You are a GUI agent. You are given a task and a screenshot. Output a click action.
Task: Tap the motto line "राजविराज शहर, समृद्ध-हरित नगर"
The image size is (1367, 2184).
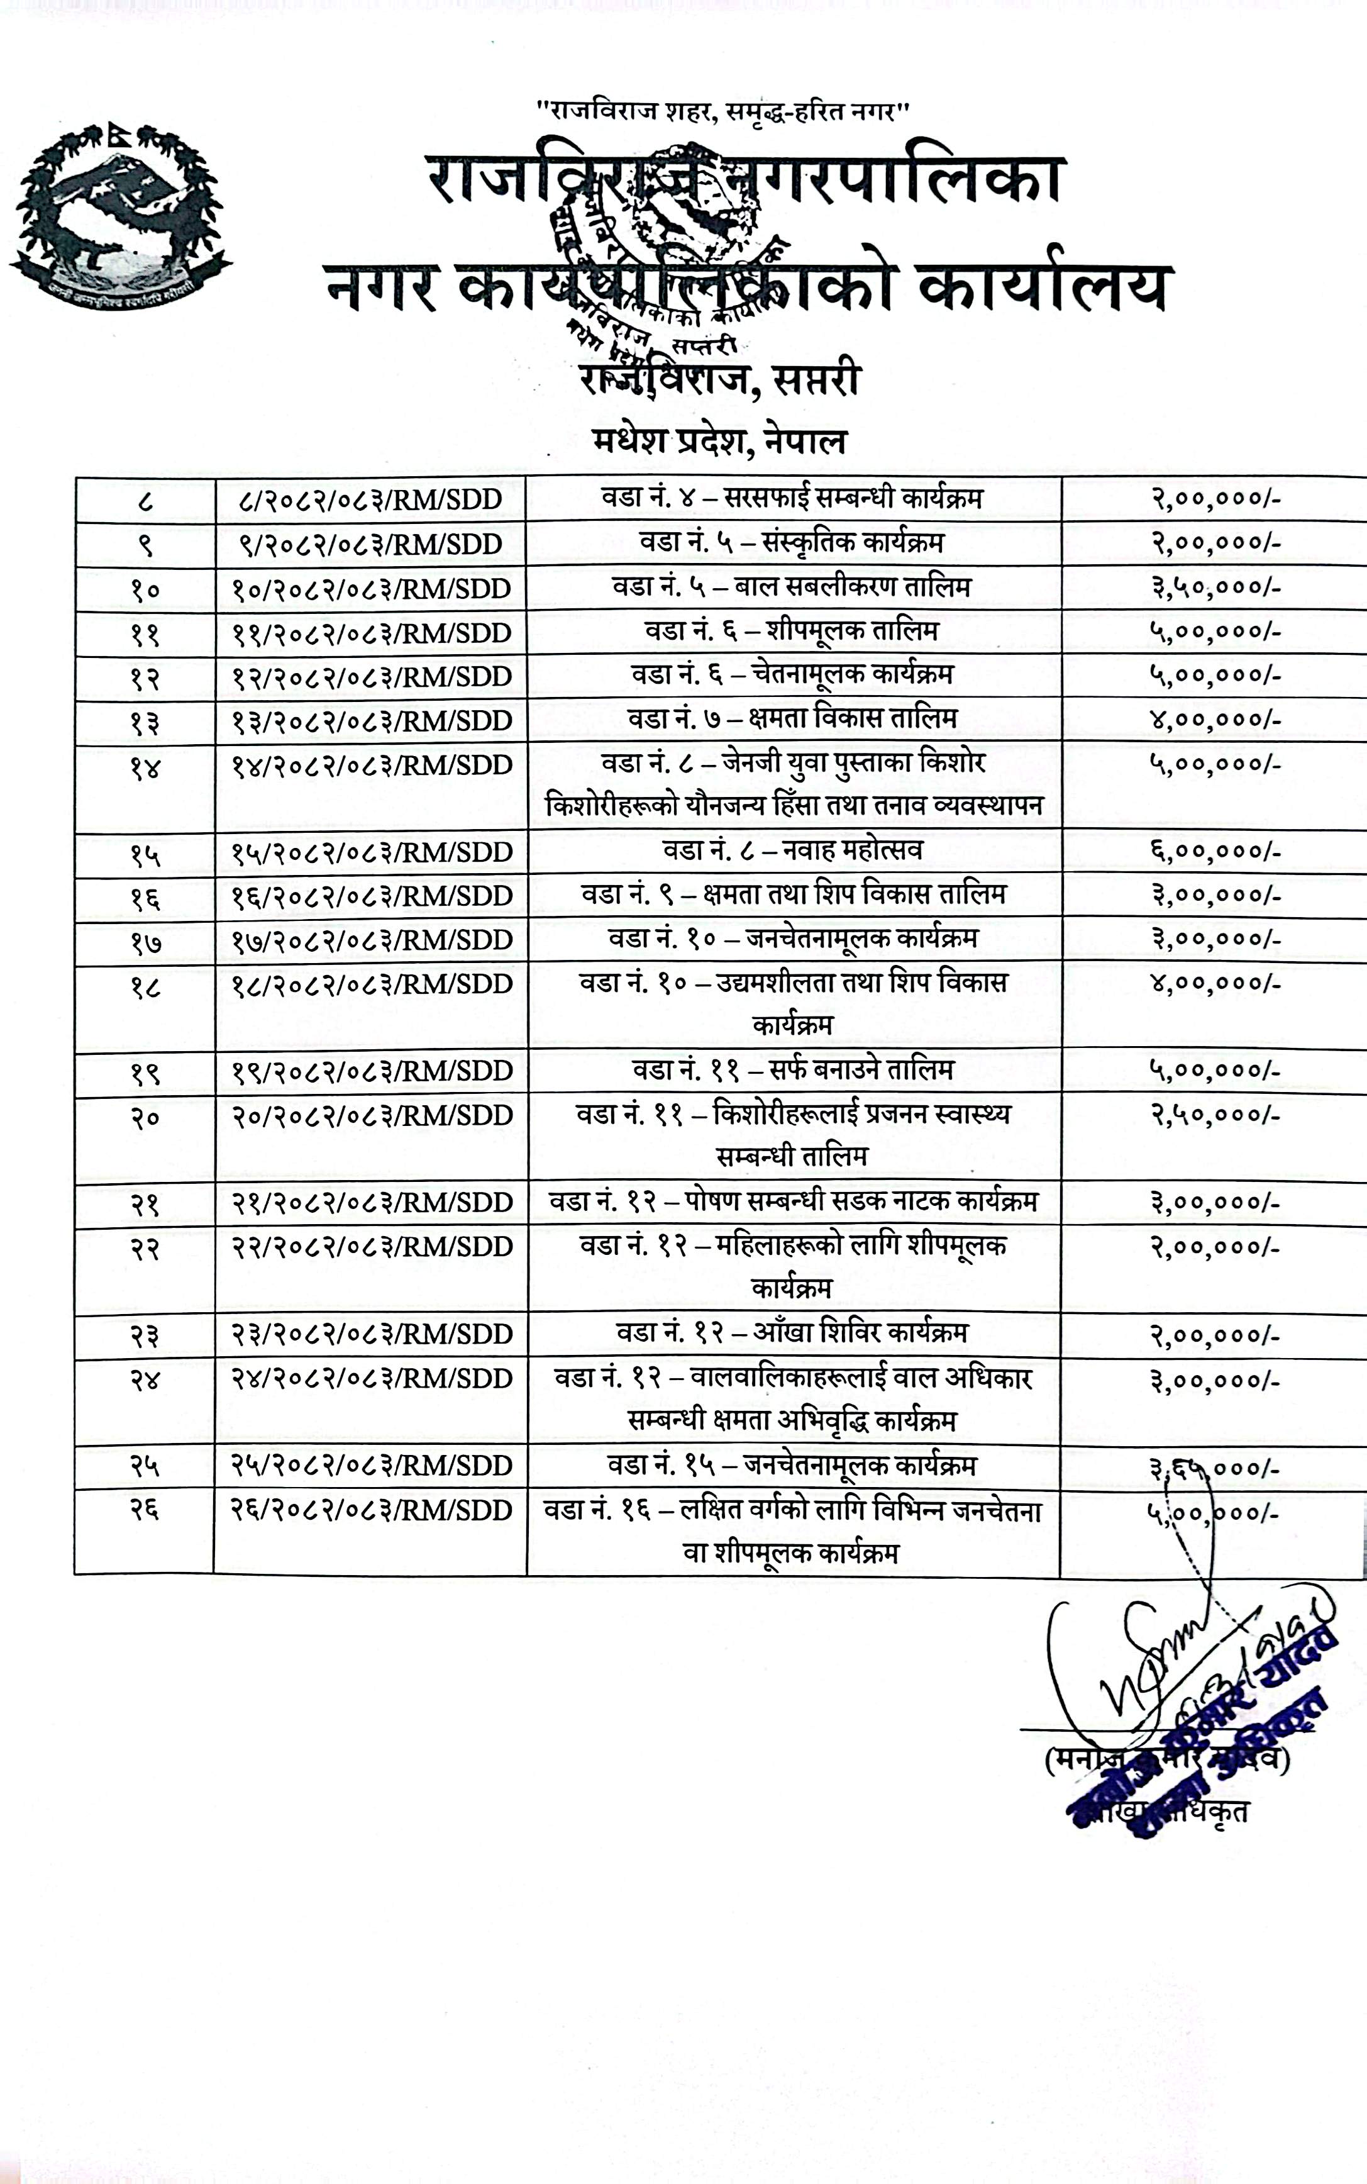coord(722,112)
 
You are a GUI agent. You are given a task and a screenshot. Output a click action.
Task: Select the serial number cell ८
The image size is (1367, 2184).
coord(145,500)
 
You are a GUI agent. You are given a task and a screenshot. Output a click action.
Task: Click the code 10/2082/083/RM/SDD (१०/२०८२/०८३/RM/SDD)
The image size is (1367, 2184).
coord(372,589)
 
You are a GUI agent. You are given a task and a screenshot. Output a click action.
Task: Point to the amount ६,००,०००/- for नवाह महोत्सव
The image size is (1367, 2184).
coord(1214,851)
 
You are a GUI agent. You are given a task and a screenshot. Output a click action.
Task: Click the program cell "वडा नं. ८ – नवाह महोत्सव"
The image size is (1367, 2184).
coord(792,850)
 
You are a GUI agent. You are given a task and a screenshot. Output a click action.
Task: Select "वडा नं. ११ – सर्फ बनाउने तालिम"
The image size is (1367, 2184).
coord(792,1071)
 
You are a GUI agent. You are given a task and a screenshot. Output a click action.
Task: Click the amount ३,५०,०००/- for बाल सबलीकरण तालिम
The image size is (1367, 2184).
coord(1214,588)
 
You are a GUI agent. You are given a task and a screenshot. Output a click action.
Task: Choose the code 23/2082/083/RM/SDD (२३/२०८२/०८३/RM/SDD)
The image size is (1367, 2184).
coord(372,1334)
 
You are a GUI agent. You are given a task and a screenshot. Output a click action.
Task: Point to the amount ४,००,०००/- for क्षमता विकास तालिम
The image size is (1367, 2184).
coord(1214,720)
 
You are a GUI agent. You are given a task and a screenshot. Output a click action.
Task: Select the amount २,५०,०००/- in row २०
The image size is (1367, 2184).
coord(1214,1115)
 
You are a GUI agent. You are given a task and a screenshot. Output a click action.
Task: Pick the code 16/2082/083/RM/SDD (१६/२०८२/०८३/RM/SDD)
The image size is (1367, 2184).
coord(372,896)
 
